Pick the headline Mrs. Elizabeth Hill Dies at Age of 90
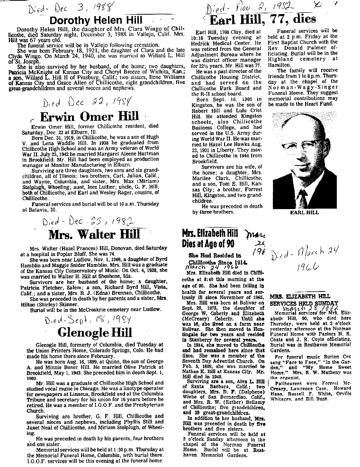click(211, 239)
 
